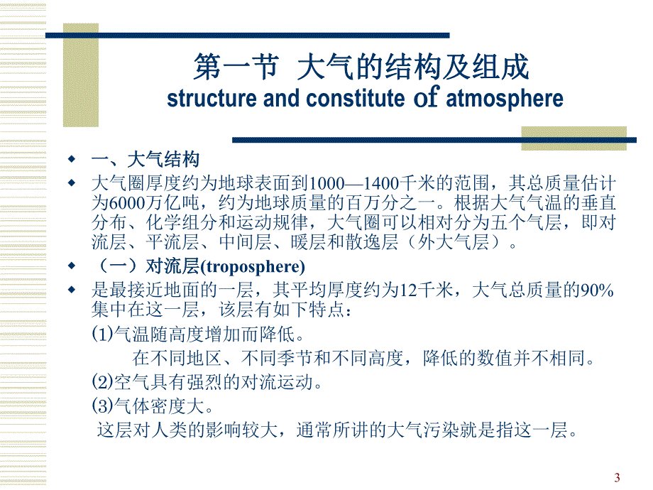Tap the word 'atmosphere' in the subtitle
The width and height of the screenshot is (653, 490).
505,99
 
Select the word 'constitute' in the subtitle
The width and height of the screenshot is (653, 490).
354,99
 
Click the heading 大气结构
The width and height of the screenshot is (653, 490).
163,158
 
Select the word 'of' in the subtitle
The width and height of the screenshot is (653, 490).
426,99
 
